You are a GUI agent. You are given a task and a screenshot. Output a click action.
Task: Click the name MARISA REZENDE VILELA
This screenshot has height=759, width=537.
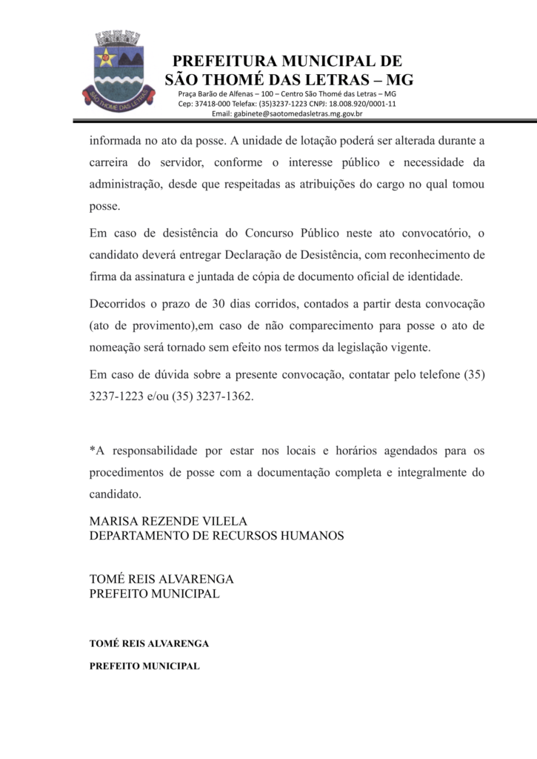click(168, 521)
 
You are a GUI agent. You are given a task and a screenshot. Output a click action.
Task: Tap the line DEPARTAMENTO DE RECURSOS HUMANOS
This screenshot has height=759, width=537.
click(216, 535)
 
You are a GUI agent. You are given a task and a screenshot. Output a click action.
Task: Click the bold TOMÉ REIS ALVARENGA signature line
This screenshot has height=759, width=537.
click(149, 643)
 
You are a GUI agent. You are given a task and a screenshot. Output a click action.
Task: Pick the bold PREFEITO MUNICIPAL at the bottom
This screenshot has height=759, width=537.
click(144, 666)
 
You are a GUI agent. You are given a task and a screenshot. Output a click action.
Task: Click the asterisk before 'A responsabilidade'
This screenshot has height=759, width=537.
click(92, 450)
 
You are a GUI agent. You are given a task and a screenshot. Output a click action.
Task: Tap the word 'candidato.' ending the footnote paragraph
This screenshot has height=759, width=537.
click(115, 493)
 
